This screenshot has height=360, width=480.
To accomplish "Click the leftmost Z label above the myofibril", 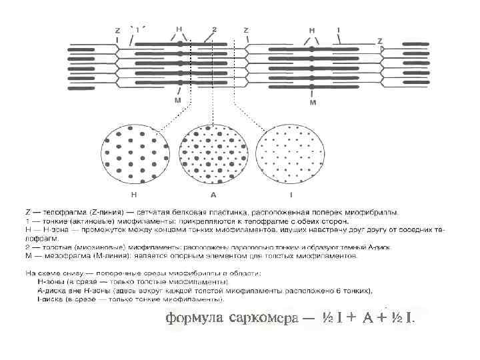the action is point(117,31).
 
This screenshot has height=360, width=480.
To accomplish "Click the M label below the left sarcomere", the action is point(177,100).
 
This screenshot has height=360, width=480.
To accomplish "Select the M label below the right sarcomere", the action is point(313,103).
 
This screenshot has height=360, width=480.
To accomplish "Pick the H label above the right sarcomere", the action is point(312,30).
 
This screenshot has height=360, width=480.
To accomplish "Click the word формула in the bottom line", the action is point(193,317).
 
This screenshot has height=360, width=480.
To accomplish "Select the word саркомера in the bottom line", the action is point(261,317).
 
